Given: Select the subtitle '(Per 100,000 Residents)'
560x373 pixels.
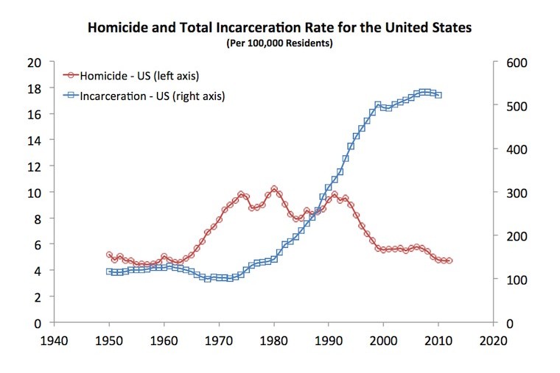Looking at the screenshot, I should click(x=280, y=44).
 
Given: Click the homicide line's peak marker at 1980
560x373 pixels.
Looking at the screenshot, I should click(x=274, y=189).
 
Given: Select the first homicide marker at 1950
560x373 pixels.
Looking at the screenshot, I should click(x=110, y=255).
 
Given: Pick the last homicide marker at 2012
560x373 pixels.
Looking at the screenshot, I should click(x=449, y=261).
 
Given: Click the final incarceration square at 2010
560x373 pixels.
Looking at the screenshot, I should click(x=438, y=95).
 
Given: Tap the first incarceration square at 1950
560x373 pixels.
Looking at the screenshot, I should click(x=110, y=271).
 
